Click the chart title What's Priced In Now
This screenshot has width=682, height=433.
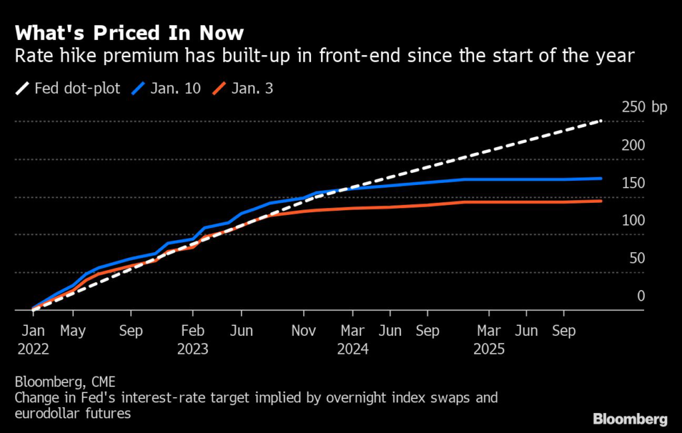tap(129, 33)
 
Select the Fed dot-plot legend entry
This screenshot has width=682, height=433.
tap(68, 88)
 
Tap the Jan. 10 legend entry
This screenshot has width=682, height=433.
tap(166, 88)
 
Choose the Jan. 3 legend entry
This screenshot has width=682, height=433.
tap(242, 88)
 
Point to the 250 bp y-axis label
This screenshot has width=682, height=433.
tap(644, 107)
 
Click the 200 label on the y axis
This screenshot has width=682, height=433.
tap(633, 144)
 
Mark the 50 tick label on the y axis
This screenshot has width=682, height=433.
tap(637, 258)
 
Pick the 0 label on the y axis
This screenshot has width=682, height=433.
tap(641, 296)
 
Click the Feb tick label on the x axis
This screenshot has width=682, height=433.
tap(192, 331)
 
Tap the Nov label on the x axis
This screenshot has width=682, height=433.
tap(304, 331)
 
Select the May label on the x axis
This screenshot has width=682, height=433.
tap(73, 331)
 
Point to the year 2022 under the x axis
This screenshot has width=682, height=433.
tap(33, 349)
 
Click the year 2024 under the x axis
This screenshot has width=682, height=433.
tap(353, 349)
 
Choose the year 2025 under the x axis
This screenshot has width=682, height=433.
tap(489, 349)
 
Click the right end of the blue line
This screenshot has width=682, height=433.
tap(601, 178)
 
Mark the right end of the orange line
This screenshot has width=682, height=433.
tap(601, 201)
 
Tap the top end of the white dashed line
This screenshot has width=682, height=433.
tap(601, 120)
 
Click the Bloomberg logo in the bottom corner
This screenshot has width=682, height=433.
tap(630, 419)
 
